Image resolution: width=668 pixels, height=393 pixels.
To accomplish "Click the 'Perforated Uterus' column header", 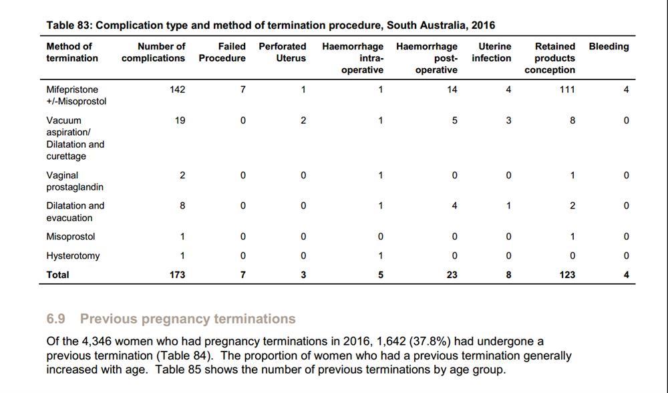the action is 282,52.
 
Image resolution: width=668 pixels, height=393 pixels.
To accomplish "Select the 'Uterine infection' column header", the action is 491,52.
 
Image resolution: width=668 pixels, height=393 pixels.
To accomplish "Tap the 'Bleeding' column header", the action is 609,47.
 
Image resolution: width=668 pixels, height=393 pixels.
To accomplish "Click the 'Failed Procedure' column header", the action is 222,52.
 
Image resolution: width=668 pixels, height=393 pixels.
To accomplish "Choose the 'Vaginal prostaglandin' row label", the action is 75,181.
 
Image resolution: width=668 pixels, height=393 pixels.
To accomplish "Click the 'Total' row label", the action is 57,275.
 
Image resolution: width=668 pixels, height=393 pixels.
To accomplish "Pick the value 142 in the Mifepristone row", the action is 177,90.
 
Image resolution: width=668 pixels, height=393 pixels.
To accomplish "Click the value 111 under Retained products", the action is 567,90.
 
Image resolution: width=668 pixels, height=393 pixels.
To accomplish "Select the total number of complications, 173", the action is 177,275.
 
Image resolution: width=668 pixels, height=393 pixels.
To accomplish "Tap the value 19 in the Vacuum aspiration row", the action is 180,120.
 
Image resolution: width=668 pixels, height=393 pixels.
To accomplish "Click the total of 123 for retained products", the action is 567,275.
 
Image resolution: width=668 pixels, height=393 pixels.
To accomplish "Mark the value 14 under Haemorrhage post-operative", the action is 452,90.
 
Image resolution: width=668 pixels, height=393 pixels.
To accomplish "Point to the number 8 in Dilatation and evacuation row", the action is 182,205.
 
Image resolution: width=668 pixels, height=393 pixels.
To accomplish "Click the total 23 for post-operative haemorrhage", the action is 452,275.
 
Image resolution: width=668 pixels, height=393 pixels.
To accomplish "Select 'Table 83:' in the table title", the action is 69,25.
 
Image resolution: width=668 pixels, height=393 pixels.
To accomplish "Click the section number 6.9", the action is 56,319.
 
